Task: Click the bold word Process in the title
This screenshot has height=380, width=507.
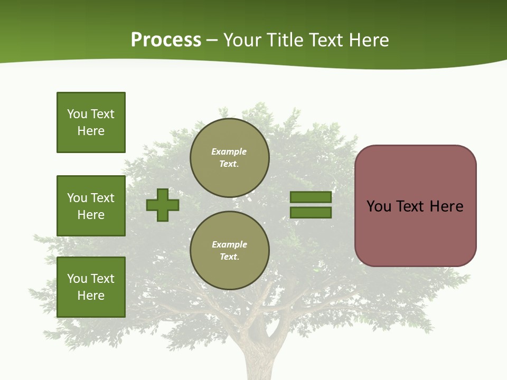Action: [166, 40]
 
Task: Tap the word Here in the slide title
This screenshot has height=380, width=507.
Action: [368, 40]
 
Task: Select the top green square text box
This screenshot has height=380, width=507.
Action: [91, 122]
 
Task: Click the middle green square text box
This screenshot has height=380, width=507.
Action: [91, 206]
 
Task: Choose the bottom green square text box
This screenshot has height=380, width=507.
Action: [91, 287]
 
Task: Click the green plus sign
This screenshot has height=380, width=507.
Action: [163, 205]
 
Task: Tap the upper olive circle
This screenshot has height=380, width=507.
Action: [230, 158]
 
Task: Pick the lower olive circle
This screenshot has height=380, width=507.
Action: [230, 251]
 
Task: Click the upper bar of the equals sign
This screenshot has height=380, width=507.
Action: [311, 197]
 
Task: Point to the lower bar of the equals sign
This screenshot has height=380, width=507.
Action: [311, 213]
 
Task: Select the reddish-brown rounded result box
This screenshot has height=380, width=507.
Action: [415, 232]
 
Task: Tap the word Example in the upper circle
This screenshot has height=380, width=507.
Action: [229, 151]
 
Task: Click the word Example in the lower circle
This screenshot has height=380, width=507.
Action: [229, 244]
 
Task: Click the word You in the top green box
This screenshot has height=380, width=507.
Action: [77, 114]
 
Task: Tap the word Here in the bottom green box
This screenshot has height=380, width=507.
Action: [91, 296]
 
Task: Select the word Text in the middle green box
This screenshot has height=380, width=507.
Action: [102, 198]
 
